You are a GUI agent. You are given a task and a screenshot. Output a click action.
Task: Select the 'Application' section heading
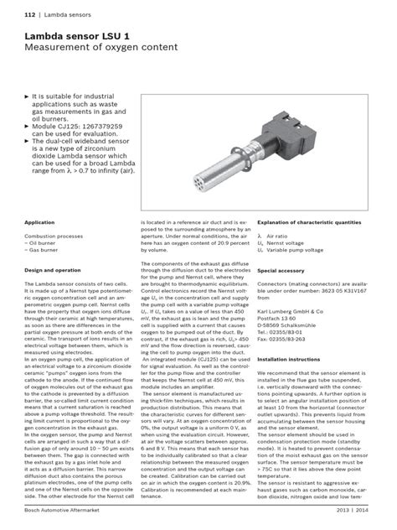(40, 223)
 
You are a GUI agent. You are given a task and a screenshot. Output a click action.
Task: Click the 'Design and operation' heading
(53, 271)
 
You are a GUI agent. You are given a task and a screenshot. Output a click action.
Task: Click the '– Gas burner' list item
(44, 251)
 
